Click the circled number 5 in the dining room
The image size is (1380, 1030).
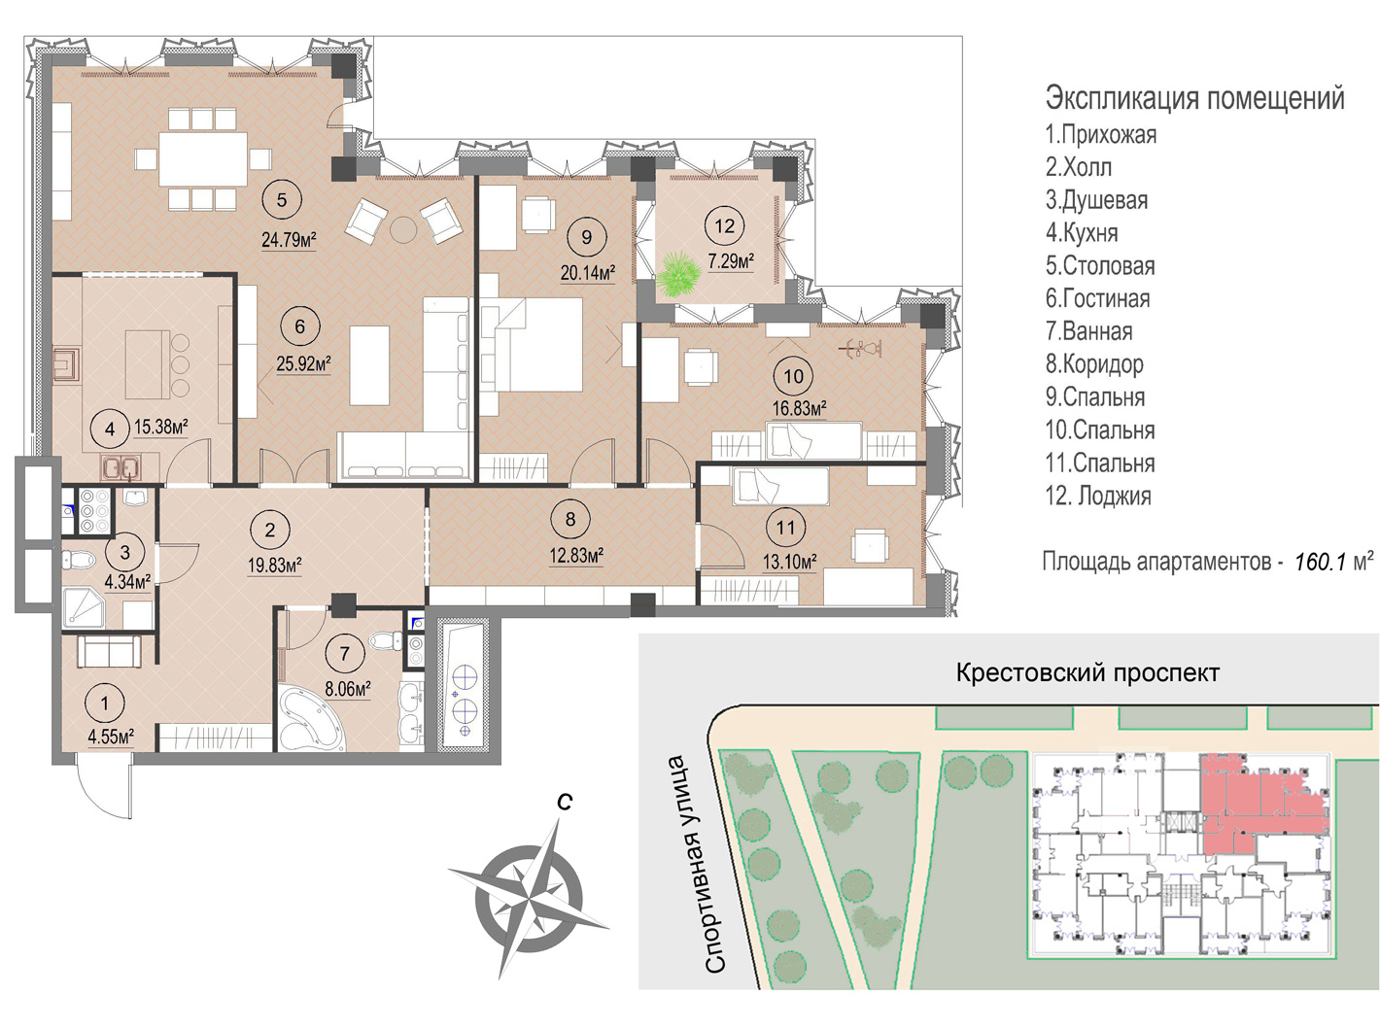281,200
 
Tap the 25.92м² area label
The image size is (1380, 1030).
303,363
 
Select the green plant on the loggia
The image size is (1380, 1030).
678,274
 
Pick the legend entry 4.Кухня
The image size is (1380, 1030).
1082,233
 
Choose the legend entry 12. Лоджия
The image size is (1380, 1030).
1098,497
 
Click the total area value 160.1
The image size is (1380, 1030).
1320,562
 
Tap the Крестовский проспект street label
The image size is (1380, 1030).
1087,673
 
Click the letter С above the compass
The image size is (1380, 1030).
565,802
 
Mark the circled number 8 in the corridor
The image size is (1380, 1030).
569,519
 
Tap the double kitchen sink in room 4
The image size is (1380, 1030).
121,468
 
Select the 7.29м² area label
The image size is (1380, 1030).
731,261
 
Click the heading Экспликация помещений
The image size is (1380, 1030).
1194,99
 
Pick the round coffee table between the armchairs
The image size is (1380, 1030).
403,229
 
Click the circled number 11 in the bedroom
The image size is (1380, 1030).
786,528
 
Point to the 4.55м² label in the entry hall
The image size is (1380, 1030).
112,736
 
